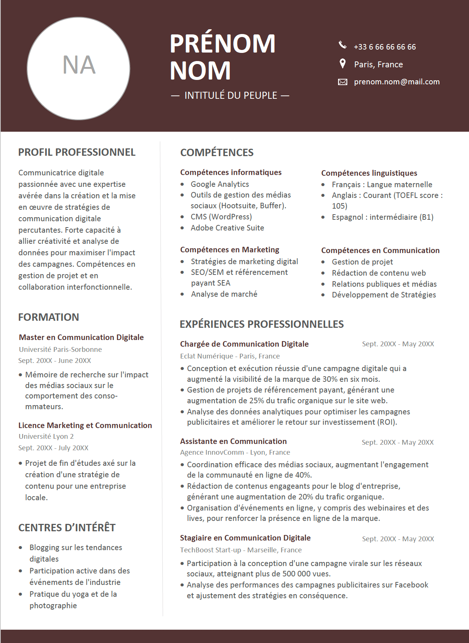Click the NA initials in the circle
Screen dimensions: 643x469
click(x=79, y=65)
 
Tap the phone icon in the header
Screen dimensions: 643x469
click(x=343, y=45)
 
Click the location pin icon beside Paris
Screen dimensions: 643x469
click(x=343, y=64)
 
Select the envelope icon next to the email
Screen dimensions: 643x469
click(x=343, y=82)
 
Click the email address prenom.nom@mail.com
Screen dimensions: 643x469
click(x=397, y=82)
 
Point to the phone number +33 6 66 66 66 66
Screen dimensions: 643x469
click(x=385, y=47)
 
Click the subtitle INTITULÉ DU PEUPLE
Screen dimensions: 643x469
click(x=230, y=95)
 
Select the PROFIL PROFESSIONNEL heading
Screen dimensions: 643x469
click(x=77, y=152)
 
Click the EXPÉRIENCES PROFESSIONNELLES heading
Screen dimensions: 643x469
click(x=262, y=324)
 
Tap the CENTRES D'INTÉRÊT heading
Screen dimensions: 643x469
click(x=67, y=528)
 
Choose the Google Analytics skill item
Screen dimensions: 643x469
click(x=220, y=184)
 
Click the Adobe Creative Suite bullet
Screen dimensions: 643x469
click(x=227, y=228)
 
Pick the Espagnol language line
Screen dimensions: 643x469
click(x=382, y=217)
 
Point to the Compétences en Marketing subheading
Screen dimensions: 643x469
click(x=230, y=250)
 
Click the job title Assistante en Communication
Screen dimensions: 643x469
click(x=233, y=441)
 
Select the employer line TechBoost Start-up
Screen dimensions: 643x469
click(x=241, y=550)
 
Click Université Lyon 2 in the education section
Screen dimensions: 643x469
click(x=46, y=437)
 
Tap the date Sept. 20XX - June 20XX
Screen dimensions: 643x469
click(x=55, y=360)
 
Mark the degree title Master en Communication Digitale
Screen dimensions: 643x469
click(x=81, y=337)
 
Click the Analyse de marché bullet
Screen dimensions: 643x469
click(x=224, y=294)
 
